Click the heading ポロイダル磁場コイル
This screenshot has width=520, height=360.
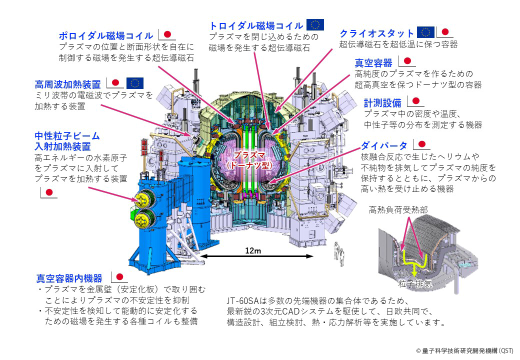click(105, 36)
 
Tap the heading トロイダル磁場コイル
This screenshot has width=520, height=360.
click(256, 25)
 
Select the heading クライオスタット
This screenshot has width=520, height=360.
click(377, 33)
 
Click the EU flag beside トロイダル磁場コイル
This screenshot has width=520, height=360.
click(315, 24)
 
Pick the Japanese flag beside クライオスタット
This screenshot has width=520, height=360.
click(446, 32)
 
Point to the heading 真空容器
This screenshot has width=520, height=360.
click(373, 63)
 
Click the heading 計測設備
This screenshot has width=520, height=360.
click(382, 103)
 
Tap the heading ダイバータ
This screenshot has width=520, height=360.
click(383, 146)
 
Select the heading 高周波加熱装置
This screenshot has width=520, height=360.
click(68, 83)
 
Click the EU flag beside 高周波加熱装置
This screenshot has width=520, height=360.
click(135, 82)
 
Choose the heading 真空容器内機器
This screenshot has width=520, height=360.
click(69, 278)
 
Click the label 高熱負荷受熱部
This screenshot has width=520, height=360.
click(398, 210)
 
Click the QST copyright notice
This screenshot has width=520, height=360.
click(464, 351)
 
